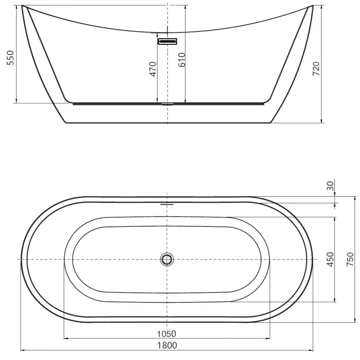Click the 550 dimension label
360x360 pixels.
coord(11,58)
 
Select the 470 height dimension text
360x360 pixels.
coord(153,69)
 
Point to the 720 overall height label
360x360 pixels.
coord(316,68)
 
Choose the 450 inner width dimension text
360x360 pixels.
coord(330,260)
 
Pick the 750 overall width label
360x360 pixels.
coord(350,260)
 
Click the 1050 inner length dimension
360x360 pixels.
coord(166,334)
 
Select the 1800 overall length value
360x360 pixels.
coord(167,345)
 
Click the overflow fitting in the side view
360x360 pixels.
coord(167,41)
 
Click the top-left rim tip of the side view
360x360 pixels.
coord(23,7)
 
